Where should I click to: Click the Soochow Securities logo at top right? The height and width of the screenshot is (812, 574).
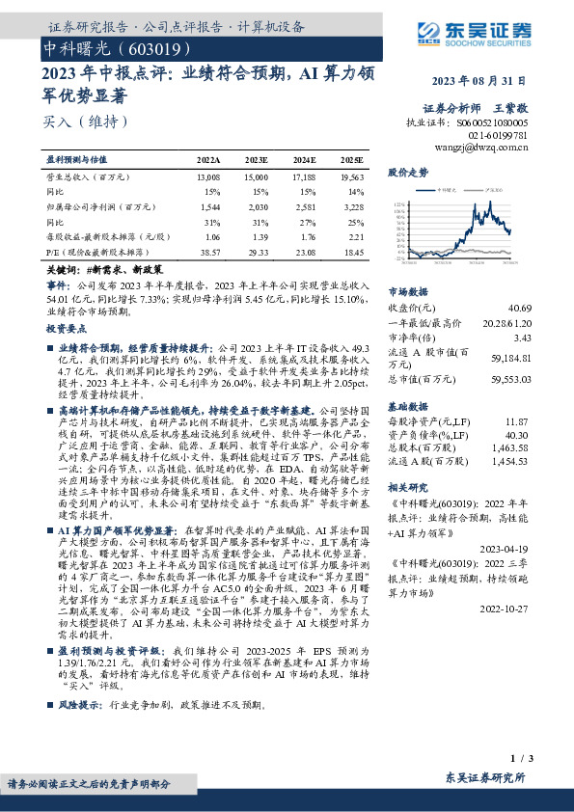(x=481, y=42)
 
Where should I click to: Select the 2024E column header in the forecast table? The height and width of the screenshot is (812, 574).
(x=304, y=159)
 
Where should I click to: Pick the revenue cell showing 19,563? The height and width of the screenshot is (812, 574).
(x=351, y=178)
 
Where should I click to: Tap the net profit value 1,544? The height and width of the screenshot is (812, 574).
(x=209, y=206)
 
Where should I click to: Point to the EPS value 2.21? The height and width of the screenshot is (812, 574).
(x=354, y=236)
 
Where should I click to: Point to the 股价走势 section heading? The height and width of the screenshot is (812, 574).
(x=407, y=172)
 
